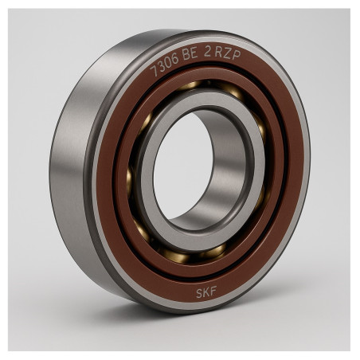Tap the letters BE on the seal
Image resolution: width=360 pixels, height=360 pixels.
tap(190, 54)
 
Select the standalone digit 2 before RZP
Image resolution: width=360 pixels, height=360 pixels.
tap(207, 53)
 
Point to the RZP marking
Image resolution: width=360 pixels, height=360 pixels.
tap(228, 54)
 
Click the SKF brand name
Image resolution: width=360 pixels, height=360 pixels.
tap(206, 292)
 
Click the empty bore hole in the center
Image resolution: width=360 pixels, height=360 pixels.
tap(183, 166)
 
